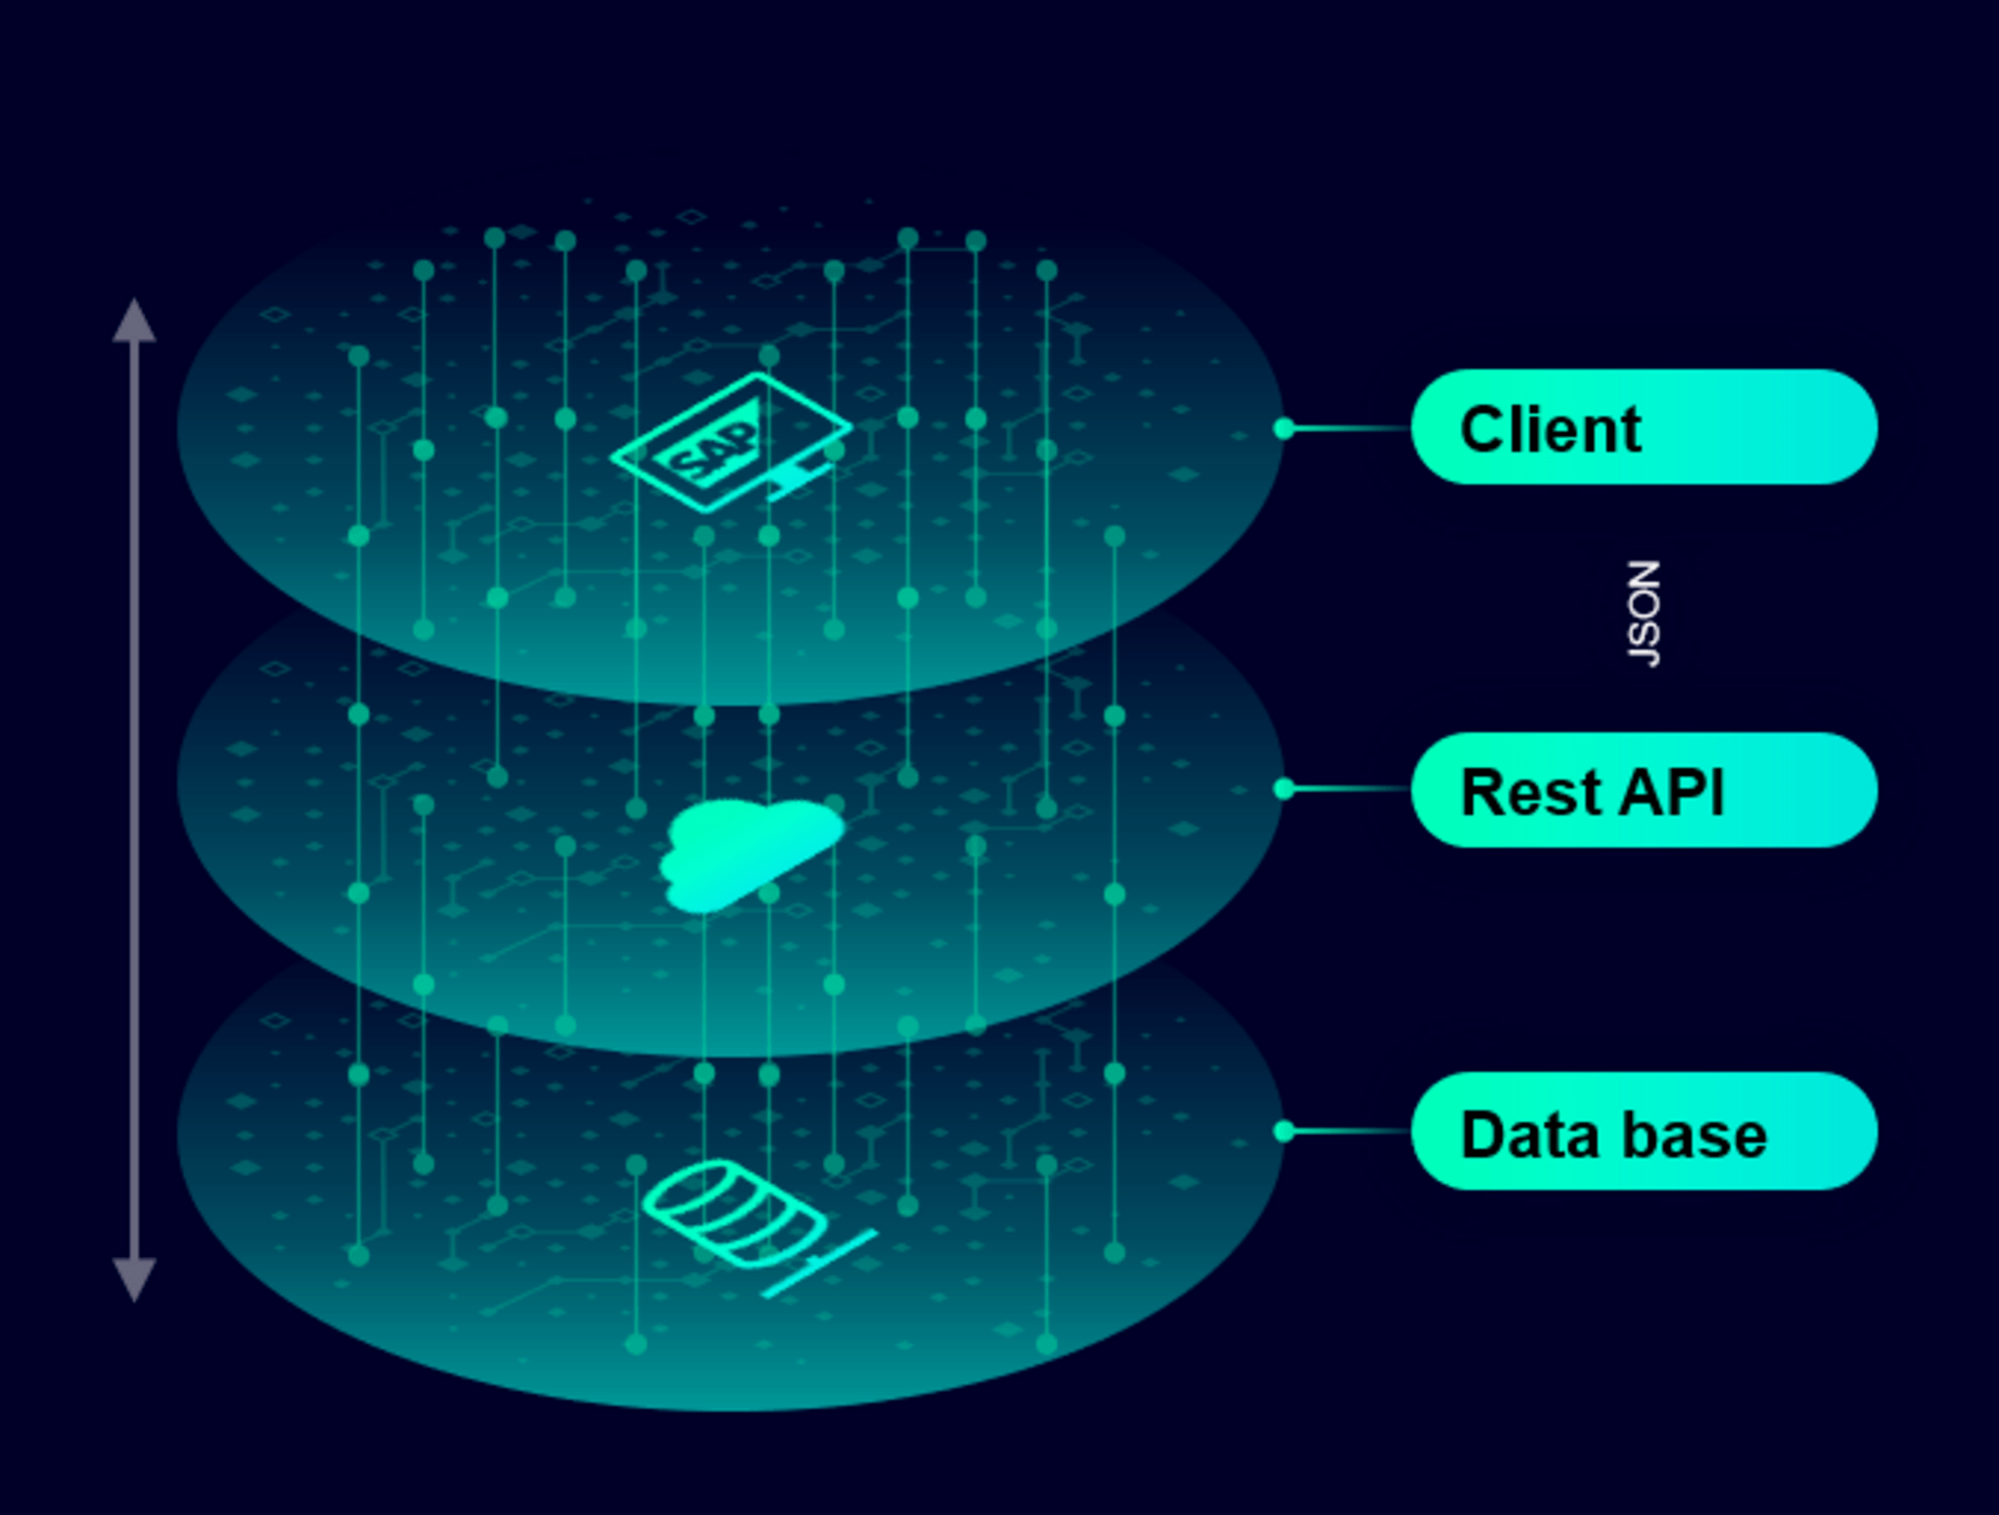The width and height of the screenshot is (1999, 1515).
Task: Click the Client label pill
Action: coord(1644,428)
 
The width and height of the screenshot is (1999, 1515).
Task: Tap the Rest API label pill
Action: coord(1644,790)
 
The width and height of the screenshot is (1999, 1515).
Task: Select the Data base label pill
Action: coord(1644,1131)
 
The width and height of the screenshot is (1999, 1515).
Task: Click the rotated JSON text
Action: coord(1644,613)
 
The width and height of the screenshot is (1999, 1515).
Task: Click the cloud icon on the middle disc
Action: coord(750,854)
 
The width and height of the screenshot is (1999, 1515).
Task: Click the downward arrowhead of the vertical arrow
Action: coord(134,1279)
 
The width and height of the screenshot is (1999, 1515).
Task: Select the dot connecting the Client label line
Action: coord(1284,429)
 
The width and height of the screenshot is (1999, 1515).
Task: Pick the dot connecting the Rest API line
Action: coord(1284,789)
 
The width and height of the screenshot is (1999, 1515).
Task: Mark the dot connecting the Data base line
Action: coord(1284,1131)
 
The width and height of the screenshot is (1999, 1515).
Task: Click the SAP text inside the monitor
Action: coord(713,451)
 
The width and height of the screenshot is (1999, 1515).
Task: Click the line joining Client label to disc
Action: coord(1349,429)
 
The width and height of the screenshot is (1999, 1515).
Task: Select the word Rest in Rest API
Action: coord(1529,792)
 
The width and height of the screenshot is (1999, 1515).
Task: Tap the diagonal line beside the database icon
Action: coord(820,1263)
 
